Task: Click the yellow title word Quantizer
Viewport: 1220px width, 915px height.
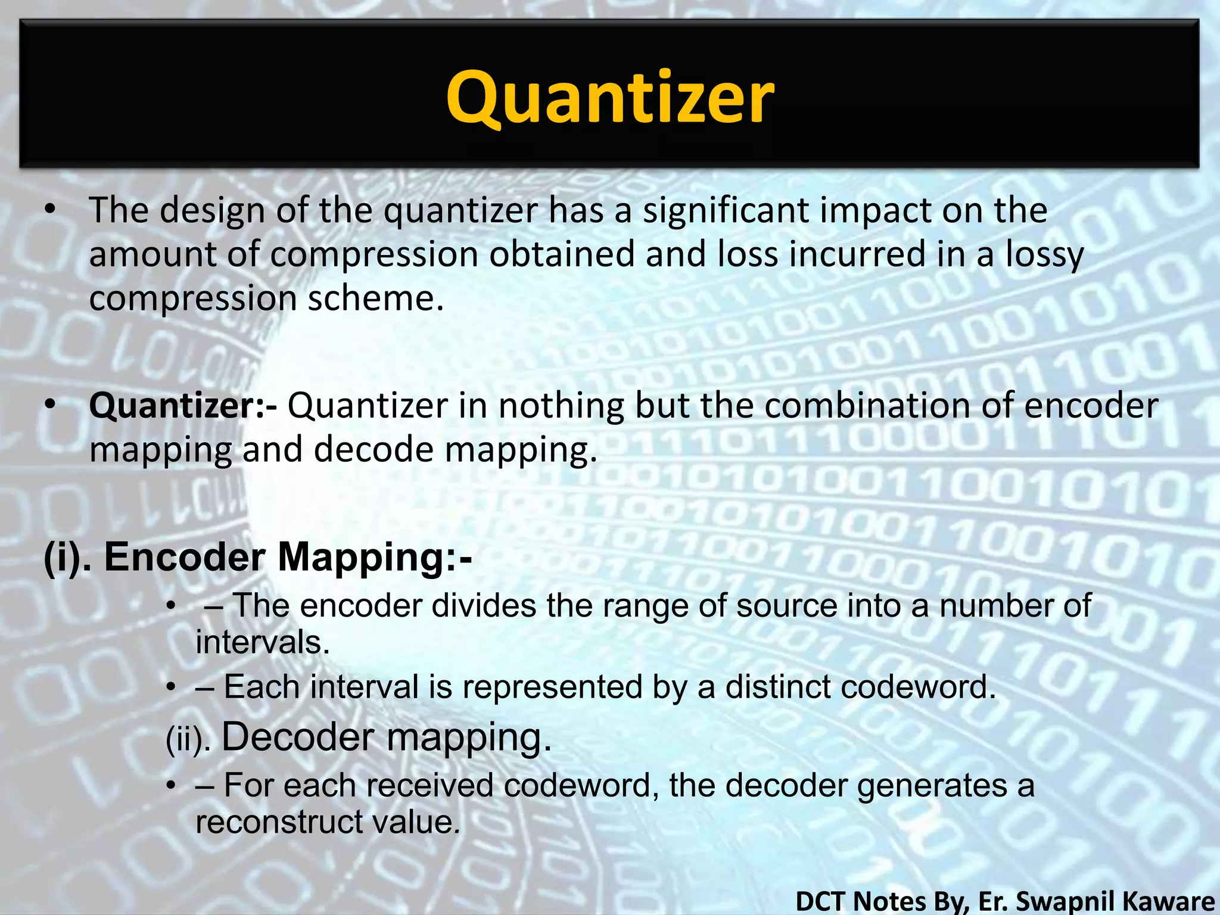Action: (610, 98)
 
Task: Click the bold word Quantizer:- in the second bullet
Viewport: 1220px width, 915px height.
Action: (182, 406)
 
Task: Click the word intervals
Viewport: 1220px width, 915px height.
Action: (263, 642)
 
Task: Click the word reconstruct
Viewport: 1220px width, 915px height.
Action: (278, 822)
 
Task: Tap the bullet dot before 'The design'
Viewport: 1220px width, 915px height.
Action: (50, 209)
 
